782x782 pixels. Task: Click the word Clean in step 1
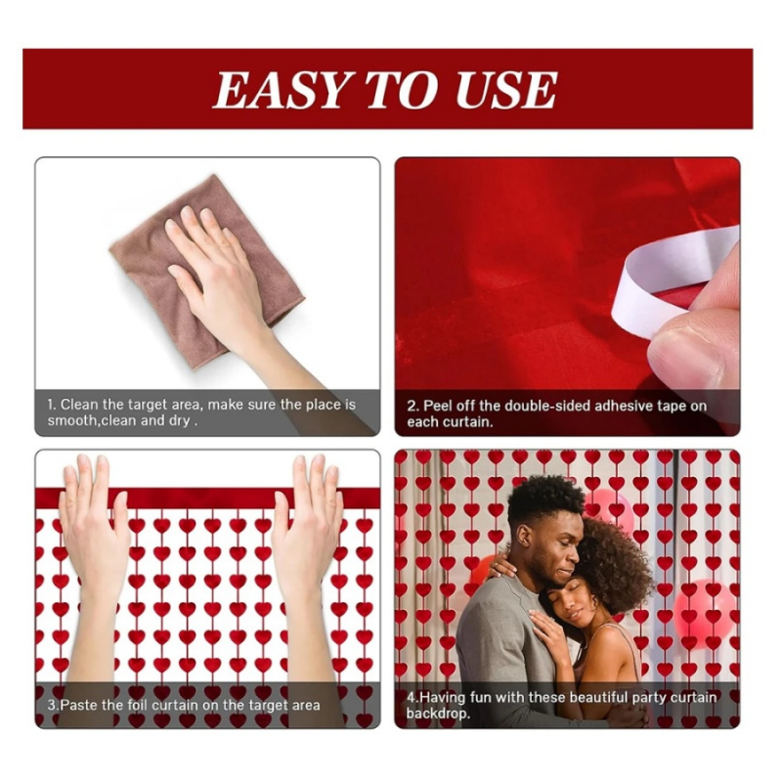(x=80, y=404)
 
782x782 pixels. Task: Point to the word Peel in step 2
(x=437, y=405)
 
